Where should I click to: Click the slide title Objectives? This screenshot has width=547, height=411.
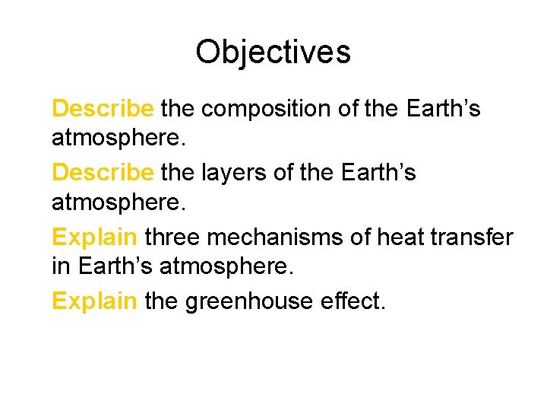pos(273,53)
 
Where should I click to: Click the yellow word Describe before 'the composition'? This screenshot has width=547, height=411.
pos(103,109)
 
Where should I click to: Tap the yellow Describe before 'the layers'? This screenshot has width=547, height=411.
pos(103,173)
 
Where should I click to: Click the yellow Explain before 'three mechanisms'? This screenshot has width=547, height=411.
pos(95,237)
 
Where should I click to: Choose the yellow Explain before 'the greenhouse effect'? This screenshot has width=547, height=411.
pos(95,301)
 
